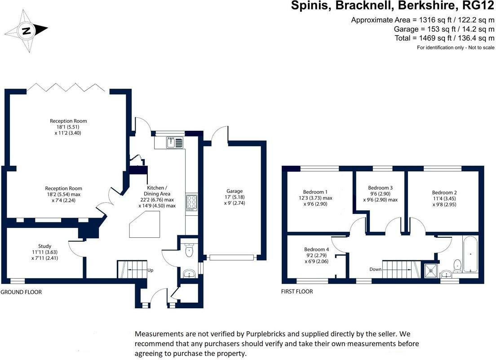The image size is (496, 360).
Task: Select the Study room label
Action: point(44,246)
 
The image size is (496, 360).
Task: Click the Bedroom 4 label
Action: point(317,249)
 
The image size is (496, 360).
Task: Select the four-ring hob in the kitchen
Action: point(191,203)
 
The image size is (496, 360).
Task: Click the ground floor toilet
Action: point(190,250)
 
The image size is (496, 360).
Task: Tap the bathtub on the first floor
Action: point(470,254)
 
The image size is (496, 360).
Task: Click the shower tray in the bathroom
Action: point(431,270)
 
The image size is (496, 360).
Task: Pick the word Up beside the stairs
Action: point(151,271)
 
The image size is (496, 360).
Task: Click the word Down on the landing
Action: point(376,269)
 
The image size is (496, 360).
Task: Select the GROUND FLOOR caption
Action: point(21,292)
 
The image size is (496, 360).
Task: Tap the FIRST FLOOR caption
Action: point(297,292)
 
